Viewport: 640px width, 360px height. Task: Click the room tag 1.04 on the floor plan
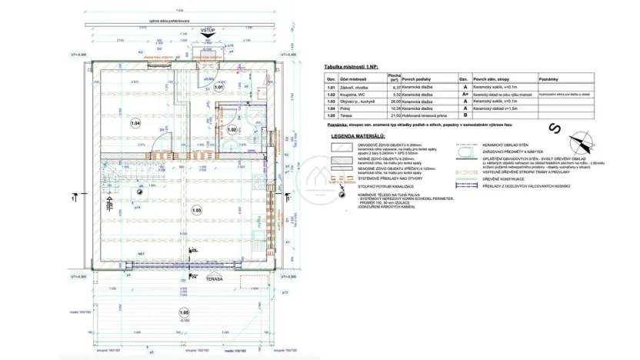pos(135,122)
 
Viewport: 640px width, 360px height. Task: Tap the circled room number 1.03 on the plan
pos(197,210)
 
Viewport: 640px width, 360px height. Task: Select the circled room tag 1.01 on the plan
pos(218,88)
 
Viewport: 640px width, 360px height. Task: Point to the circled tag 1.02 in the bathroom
pos(232,130)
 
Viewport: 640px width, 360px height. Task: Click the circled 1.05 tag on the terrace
pos(183,314)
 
